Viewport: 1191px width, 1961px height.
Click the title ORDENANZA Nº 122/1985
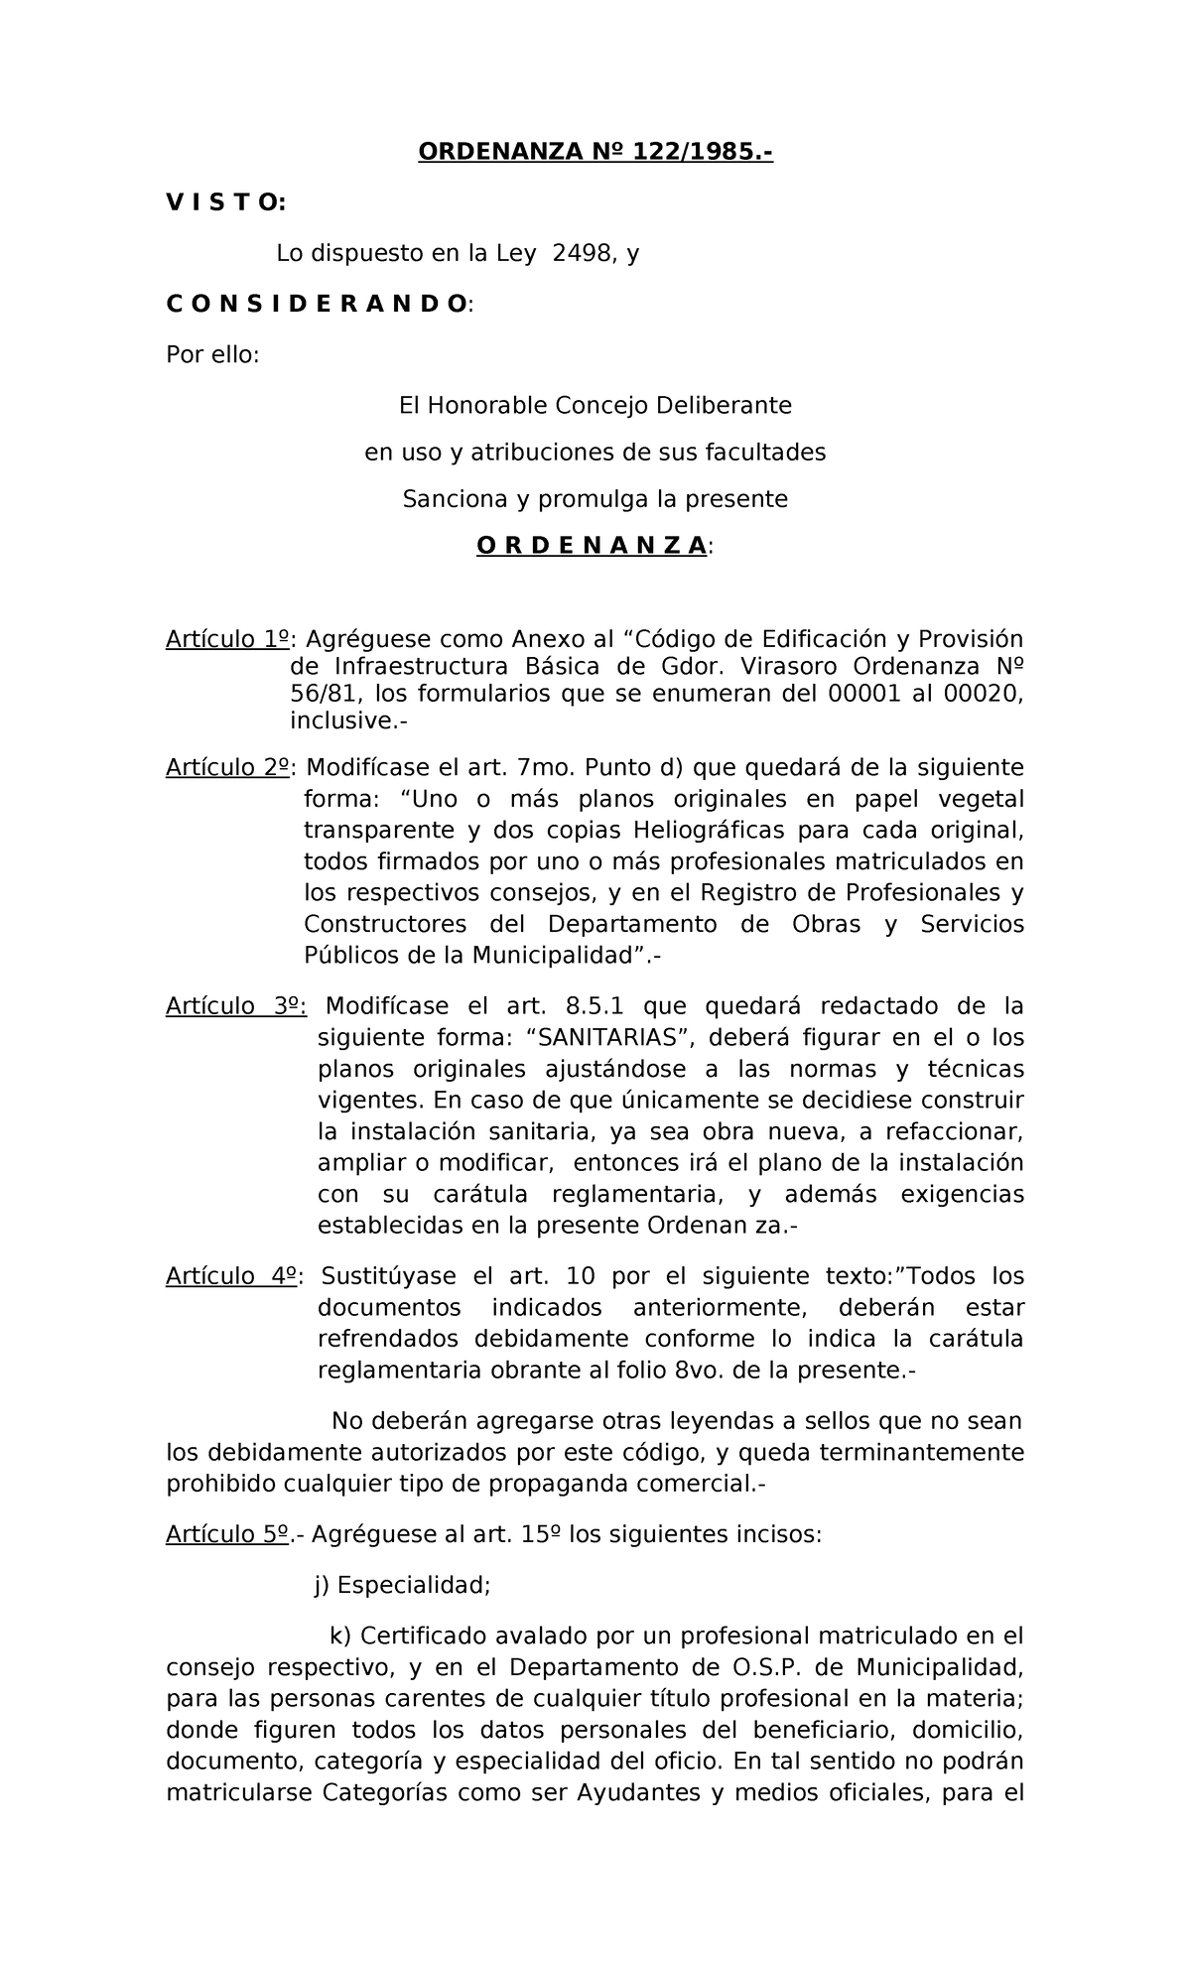tap(595, 152)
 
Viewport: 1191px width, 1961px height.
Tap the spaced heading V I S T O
tap(225, 202)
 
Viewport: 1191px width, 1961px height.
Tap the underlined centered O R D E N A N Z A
tap(593, 546)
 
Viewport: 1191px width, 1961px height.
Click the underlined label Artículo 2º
tap(228, 768)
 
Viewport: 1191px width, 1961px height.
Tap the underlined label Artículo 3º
tap(235, 1006)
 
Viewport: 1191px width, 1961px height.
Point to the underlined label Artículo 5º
tap(227, 1534)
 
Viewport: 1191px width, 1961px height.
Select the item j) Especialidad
tap(402, 1585)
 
